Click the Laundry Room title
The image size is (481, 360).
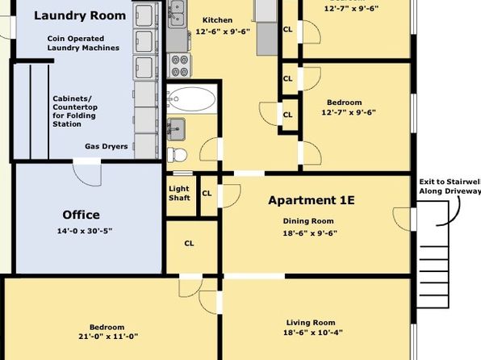tap(80, 15)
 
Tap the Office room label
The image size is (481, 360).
tap(81, 215)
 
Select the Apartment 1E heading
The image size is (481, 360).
tap(312, 200)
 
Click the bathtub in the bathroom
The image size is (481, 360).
tap(192, 98)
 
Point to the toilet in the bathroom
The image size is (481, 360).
tap(177, 154)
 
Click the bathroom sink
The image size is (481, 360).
tap(176, 129)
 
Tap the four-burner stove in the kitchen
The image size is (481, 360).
tap(179, 65)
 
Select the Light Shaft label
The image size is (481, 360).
tap(179, 194)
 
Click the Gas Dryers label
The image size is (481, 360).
tap(107, 146)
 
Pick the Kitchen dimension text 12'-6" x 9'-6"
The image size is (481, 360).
tap(223, 31)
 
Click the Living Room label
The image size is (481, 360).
tap(311, 323)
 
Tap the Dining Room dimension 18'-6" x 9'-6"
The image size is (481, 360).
tap(310, 233)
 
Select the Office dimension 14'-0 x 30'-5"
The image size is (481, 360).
tap(85, 231)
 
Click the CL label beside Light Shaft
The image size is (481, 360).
tap(207, 194)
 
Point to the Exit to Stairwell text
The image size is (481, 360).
tap(450, 182)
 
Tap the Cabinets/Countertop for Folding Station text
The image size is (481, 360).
tap(75, 111)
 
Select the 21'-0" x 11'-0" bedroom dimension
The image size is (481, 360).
tap(108, 337)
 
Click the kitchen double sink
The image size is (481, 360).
tap(177, 14)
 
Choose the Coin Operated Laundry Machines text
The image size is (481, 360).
tap(83, 44)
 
